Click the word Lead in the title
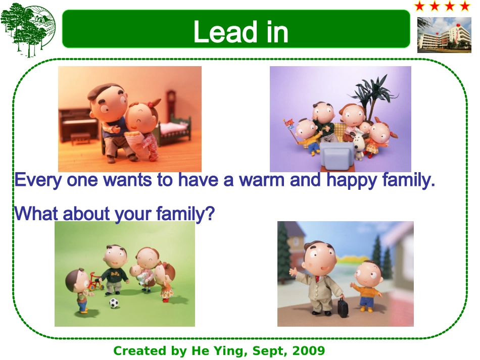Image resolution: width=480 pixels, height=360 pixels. pos(225,31)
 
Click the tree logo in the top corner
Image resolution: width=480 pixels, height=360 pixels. pos(28,30)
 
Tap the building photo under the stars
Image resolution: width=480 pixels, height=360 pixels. pos(444,35)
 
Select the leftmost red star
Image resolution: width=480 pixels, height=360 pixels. pos(420,6)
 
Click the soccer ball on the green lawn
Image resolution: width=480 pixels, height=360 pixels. pos(114,303)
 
